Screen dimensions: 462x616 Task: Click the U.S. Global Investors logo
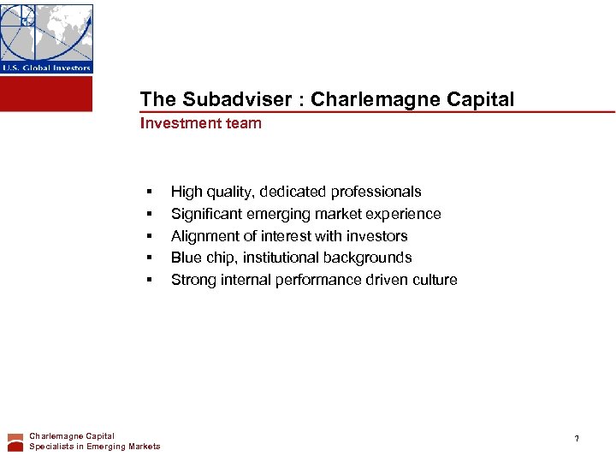pos(46,38)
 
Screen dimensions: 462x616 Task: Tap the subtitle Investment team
pos(201,123)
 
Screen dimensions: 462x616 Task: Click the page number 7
pos(577,439)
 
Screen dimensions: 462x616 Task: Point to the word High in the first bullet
pos(186,192)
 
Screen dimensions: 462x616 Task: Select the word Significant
pos(206,214)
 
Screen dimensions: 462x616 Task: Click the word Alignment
pos(205,236)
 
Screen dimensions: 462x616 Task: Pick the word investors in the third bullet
pos(377,236)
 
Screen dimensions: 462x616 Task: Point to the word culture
pos(432,280)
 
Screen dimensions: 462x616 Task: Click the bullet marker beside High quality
pos(149,192)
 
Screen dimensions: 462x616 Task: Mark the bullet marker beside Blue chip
pos(149,258)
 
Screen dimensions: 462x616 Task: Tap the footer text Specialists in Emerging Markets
pos(94,447)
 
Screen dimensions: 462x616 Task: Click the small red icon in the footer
pos(15,441)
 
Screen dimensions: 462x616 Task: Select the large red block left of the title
pos(46,93)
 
